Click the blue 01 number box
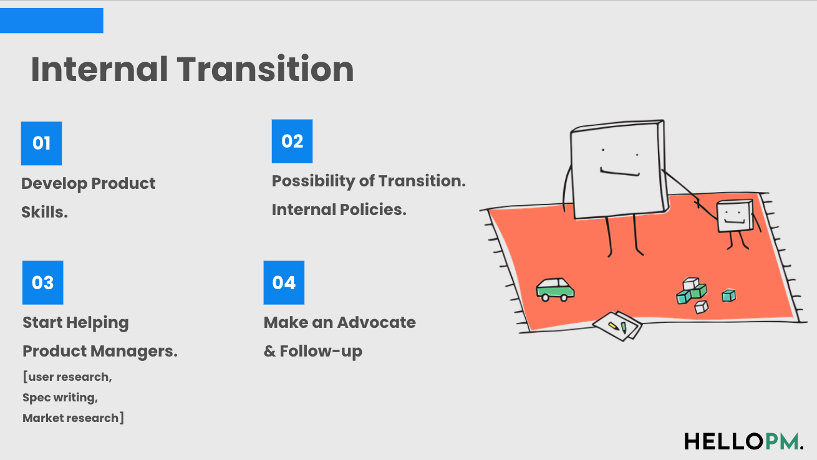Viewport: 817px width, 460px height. coord(41,143)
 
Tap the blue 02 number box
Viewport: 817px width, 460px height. coord(292,141)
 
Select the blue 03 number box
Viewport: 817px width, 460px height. coord(42,282)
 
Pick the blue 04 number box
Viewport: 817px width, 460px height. coord(284,282)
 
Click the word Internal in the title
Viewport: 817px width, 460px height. coord(99,69)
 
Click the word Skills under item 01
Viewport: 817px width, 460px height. coord(44,212)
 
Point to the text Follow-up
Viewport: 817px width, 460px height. coord(321,351)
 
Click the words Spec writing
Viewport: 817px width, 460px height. coord(60,398)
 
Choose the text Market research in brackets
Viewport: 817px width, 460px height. coord(70,418)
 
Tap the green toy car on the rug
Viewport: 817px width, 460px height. coord(555,289)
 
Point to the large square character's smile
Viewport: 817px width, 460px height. coord(619,171)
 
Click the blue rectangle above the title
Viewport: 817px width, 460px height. coord(51,21)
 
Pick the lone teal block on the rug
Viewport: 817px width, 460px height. coord(728,295)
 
